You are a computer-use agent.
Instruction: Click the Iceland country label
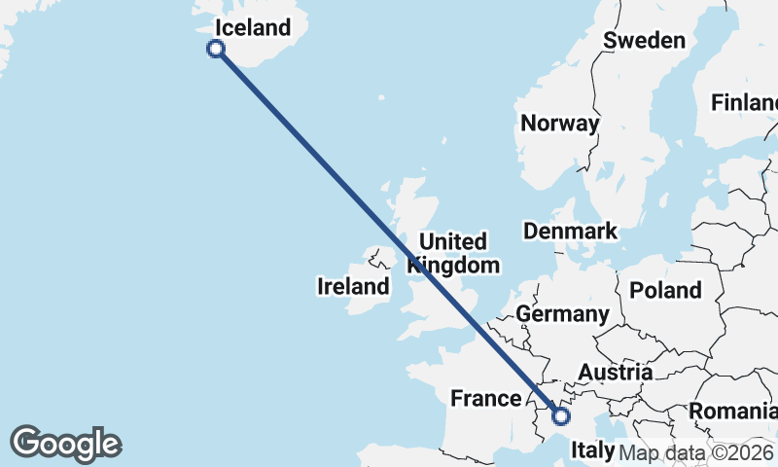click(x=253, y=27)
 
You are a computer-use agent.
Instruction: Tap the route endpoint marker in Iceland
click(x=216, y=49)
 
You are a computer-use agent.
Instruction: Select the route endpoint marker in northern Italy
click(x=560, y=416)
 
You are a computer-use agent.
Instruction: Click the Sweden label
click(x=644, y=40)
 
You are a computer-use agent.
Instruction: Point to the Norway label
click(x=559, y=124)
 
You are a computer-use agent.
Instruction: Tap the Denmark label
click(x=570, y=231)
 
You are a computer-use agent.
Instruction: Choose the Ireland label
click(x=353, y=286)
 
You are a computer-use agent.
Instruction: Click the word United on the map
click(x=452, y=241)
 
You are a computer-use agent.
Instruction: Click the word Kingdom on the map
click(x=454, y=265)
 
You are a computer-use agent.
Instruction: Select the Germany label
click(x=562, y=313)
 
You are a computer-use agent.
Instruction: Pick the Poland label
click(x=665, y=290)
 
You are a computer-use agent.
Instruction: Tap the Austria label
click(x=615, y=372)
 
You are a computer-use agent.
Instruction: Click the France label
click(x=486, y=398)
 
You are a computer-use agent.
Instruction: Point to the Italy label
click(x=592, y=450)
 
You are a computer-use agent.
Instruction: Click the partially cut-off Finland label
click(x=745, y=102)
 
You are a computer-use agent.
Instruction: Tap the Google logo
click(x=65, y=444)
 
